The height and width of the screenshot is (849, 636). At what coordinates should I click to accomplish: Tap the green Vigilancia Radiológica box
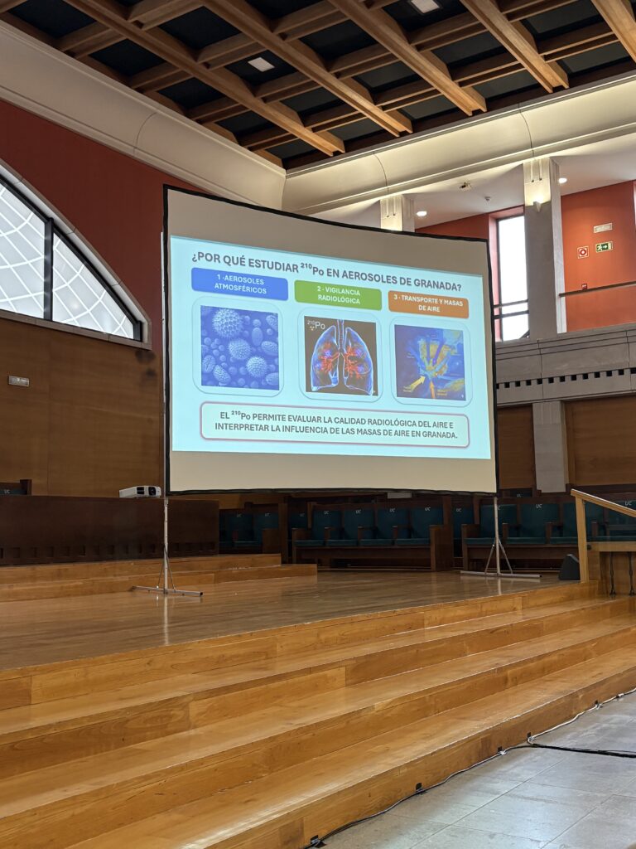pyautogui.click(x=338, y=295)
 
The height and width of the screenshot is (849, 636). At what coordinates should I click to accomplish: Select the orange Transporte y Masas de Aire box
pyautogui.click(x=428, y=304)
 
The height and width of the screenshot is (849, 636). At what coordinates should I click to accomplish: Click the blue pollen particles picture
pyautogui.click(x=239, y=347)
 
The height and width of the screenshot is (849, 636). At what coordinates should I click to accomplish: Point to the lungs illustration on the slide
pyautogui.click(x=340, y=356)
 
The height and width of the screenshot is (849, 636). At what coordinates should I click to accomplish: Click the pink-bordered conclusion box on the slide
pyautogui.click(x=335, y=425)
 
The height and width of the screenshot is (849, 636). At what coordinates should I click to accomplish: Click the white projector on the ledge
pyautogui.click(x=140, y=492)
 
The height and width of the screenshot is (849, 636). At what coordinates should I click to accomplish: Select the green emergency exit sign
pyautogui.click(x=604, y=247)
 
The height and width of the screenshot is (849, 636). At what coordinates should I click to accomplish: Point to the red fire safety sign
pyautogui.click(x=582, y=252)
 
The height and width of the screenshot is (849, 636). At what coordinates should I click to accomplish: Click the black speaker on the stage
pyautogui.click(x=569, y=567)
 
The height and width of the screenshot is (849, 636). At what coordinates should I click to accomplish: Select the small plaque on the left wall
pyautogui.click(x=19, y=381)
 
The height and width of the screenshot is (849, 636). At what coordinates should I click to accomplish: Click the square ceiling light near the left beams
pyautogui.click(x=261, y=64)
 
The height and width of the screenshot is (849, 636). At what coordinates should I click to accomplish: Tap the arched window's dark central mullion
pyautogui.click(x=49, y=269)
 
